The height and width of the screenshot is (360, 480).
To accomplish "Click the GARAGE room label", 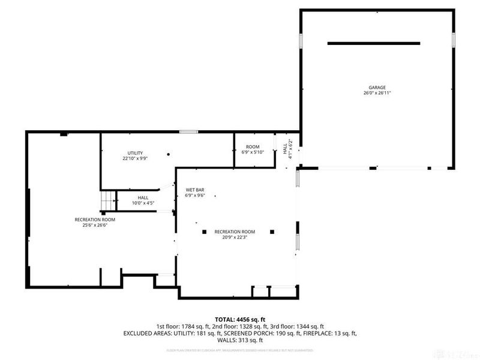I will [377, 87].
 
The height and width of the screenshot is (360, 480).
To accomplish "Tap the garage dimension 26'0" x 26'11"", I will [377, 93].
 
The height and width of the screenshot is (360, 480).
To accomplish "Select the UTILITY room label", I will [134, 152].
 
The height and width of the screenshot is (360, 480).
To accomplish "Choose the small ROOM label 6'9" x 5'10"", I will [252, 146].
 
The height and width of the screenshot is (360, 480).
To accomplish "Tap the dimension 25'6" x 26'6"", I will [95, 226].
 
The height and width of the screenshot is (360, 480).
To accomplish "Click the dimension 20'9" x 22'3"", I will [235, 238].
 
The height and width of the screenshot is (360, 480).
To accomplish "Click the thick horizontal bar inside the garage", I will [373, 43].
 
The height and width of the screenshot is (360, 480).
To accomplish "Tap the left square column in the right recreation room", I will [204, 232].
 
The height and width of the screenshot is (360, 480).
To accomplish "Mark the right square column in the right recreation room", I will [272, 232].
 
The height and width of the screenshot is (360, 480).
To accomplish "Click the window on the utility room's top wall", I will [189, 132].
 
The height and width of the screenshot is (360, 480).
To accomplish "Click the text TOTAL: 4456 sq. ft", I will [239, 319].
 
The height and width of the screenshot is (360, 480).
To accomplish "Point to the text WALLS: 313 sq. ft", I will [239, 340].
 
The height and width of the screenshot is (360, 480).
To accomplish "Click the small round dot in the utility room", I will [169, 155].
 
